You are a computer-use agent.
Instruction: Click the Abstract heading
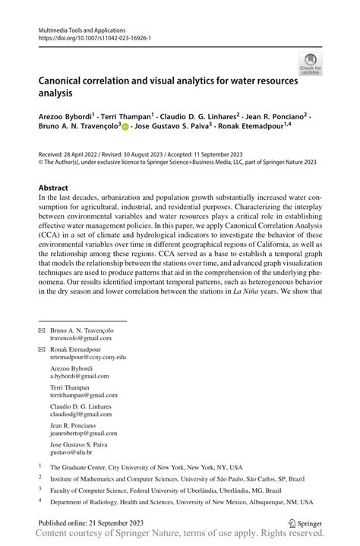(x=55, y=187)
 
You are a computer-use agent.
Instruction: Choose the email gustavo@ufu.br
(x=74, y=451)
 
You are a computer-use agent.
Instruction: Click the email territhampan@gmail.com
(x=84, y=396)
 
